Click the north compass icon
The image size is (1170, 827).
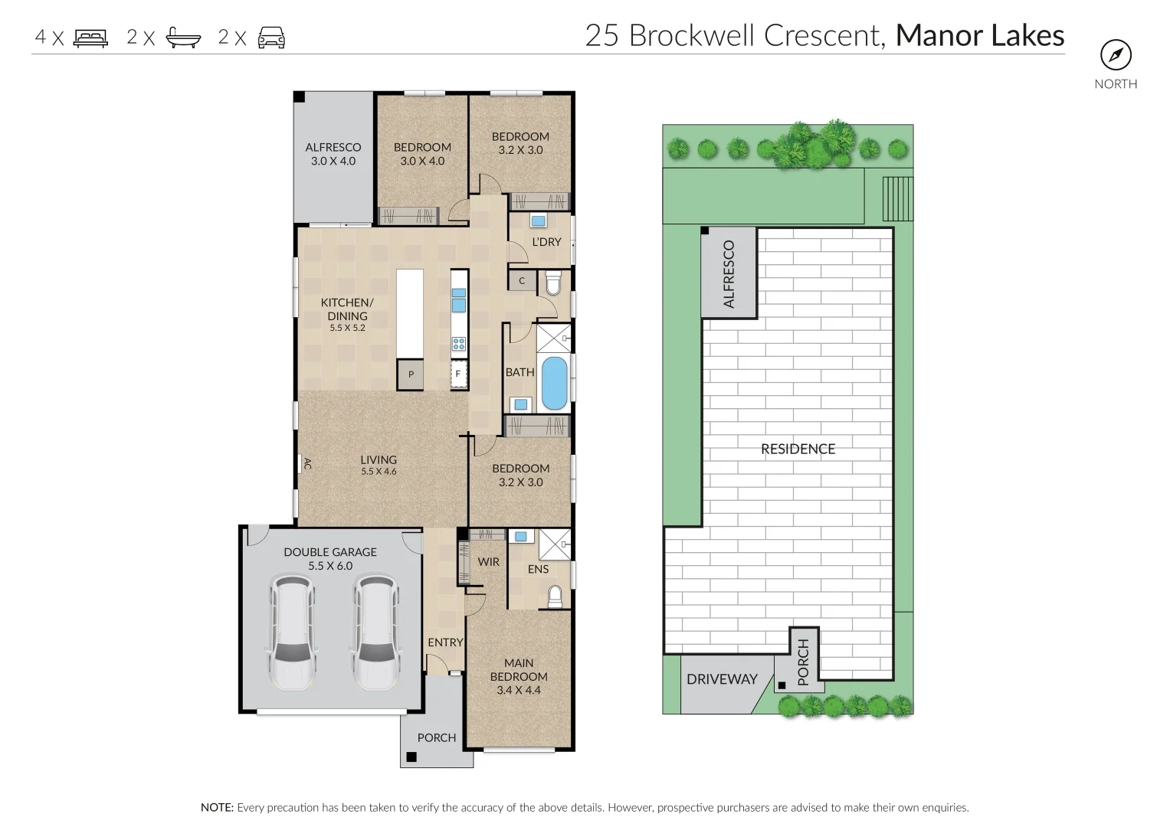(1116, 55)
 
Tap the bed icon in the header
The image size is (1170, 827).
(91, 38)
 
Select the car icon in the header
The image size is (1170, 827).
(271, 38)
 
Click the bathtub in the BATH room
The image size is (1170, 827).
(554, 383)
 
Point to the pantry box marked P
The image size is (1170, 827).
(410, 374)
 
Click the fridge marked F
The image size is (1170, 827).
(458, 374)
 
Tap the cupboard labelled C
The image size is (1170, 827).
(522, 281)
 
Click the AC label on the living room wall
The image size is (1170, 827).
(308, 463)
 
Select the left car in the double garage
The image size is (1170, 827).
(293, 633)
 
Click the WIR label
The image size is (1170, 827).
(488, 562)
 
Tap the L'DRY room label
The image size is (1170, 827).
(546, 242)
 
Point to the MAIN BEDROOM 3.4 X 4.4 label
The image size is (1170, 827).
(519, 676)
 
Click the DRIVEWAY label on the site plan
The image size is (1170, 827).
(722, 678)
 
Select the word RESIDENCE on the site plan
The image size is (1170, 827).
(798, 449)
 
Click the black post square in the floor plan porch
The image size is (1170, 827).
(411, 757)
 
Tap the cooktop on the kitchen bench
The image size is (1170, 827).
(459, 344)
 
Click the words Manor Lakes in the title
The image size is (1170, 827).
(980, 35)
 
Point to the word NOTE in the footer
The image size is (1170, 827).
(216, 807)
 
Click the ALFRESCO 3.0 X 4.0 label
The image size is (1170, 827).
(333, 154)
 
